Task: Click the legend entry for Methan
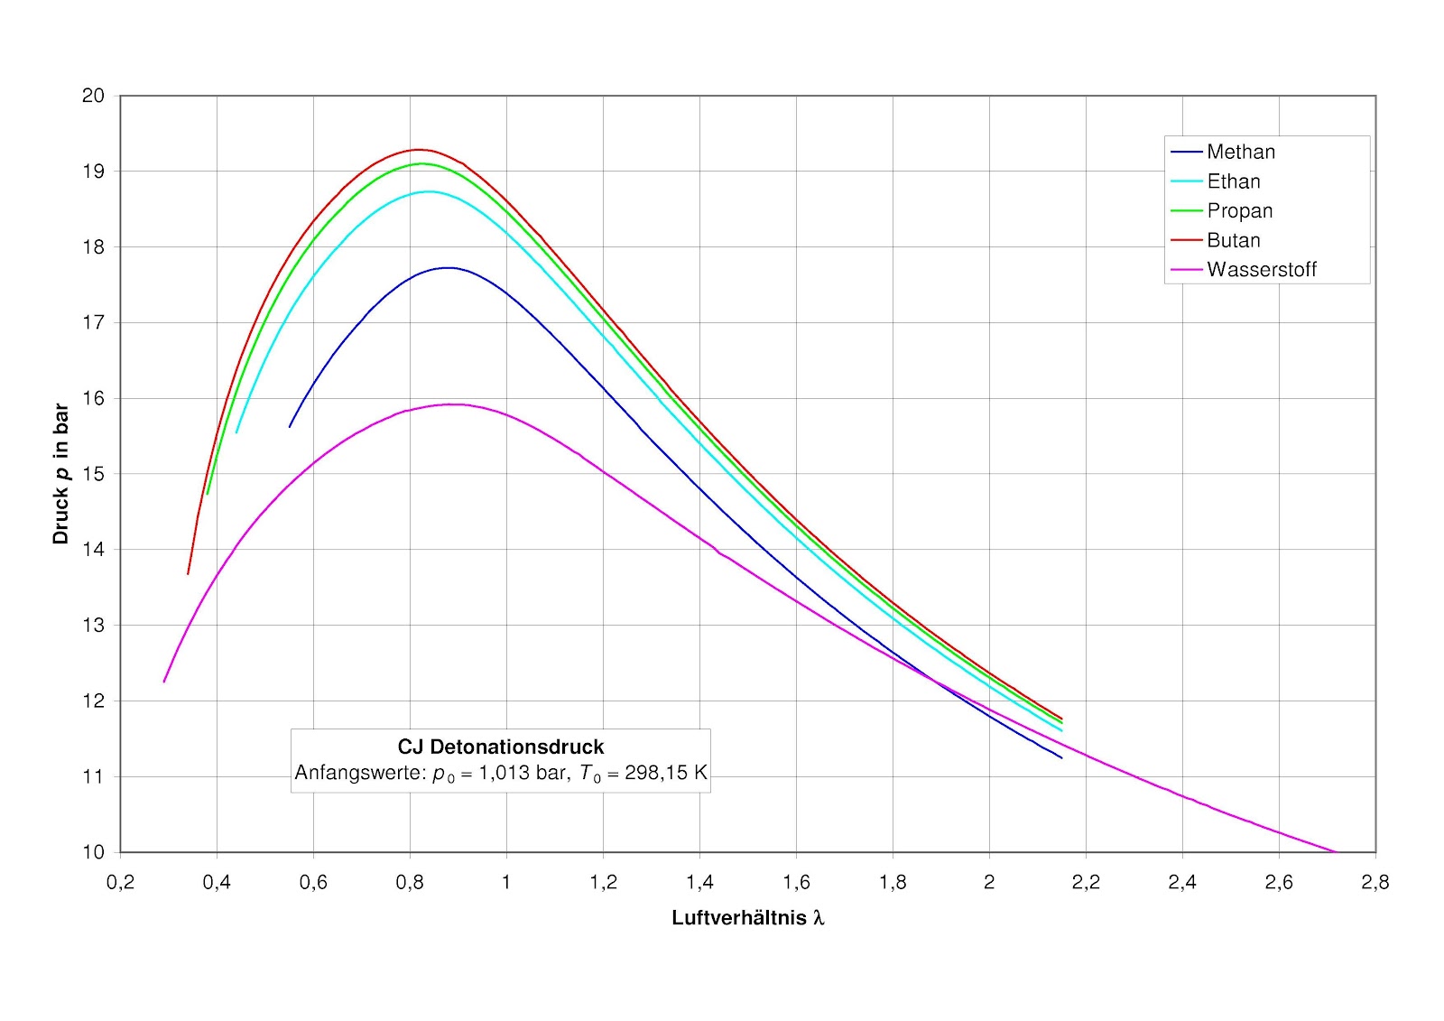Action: pos(1241,152)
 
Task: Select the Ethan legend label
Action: pos(1233,181)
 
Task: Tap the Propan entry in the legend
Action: pos(1239,211)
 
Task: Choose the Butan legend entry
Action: pos(1233,240)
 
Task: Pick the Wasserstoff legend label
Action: pos(1261,270)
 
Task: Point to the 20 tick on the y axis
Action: pos(93,96)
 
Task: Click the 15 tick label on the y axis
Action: pos(93,474)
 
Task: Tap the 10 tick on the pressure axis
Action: pos(93,852)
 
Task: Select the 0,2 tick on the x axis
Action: pos(120,882)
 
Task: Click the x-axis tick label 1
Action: pos(506,882)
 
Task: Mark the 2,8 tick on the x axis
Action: pos(1375,882)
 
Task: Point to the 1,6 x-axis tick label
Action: pos(796,882)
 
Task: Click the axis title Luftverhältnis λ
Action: pos(748,918)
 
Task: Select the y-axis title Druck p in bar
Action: pos(60,473)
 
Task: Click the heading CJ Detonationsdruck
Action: pos(501,747)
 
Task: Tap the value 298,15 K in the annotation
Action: pos(666,773)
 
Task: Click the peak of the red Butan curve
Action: pos(418,150)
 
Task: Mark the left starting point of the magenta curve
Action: pos(164,682)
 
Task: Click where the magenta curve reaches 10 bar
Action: pos(1336,851)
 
